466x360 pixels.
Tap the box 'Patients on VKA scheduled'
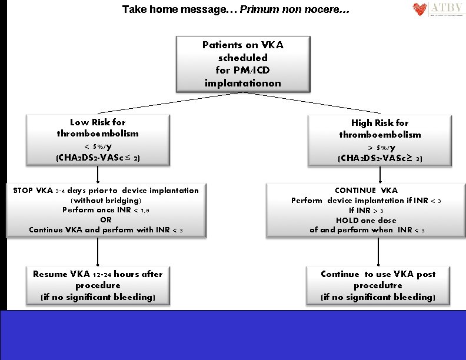242,64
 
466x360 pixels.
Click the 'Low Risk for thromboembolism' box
98,140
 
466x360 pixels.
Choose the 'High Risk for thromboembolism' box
380,140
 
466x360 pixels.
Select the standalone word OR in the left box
105,219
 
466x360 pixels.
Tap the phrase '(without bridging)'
105,200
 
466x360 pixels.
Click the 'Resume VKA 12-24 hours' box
98,285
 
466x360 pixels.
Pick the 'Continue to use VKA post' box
378,285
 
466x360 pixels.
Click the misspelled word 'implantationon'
242,83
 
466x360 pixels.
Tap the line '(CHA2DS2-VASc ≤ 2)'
98,158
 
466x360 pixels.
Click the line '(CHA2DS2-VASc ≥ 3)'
380,159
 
